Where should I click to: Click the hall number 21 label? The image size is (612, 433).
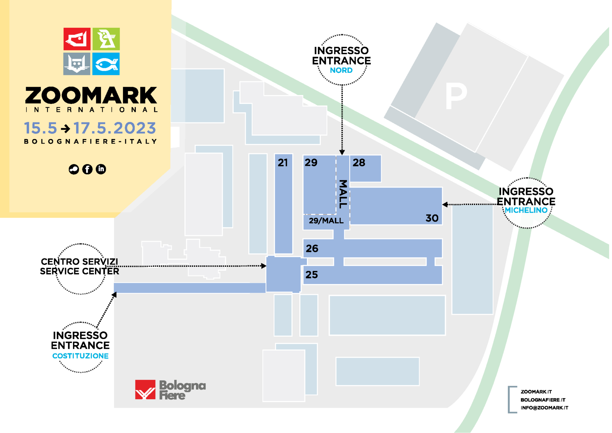283,163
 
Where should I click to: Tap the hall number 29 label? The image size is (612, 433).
311,163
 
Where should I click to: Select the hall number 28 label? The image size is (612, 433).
359,163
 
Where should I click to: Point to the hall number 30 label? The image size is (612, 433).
432,218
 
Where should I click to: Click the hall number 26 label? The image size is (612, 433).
312,248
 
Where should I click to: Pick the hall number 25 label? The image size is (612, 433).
312,275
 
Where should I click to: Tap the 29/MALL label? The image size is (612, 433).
326,221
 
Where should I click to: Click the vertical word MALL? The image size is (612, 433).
343,194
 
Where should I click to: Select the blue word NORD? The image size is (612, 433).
341,70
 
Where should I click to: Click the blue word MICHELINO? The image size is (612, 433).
526,210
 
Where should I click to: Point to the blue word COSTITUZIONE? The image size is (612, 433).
80,356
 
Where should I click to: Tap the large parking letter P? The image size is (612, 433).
456,96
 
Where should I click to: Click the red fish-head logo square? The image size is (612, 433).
77,39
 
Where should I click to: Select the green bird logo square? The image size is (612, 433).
106,39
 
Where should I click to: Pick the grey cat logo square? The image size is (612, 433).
77,64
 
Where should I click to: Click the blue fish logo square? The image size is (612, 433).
106,64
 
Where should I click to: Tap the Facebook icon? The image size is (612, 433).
87,169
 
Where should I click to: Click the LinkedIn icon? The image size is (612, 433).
101,169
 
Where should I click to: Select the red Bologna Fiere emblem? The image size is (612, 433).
145,389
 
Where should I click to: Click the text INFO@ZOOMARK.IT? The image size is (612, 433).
544,408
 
